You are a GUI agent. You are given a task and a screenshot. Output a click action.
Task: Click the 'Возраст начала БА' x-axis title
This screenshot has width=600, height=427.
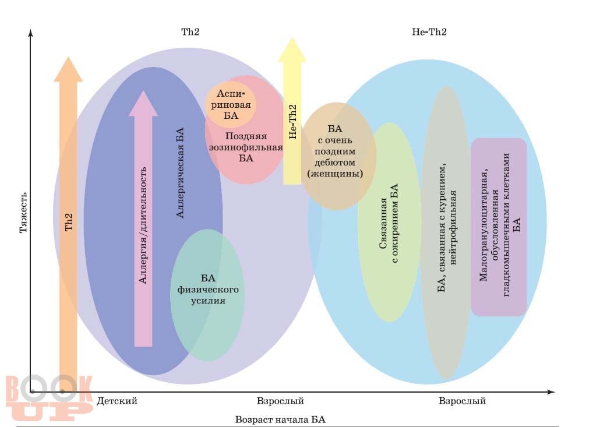coord(284,419)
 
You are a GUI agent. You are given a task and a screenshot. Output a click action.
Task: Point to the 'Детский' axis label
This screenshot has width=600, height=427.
coord(117,401)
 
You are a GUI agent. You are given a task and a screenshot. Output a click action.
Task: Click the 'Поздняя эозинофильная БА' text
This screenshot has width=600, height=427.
coord(246,147)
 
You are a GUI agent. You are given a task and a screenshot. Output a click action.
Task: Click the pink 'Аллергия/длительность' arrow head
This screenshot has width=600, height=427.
coord(143,104)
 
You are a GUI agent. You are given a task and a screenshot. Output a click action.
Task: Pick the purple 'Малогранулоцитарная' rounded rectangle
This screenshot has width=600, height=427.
coord(499,227)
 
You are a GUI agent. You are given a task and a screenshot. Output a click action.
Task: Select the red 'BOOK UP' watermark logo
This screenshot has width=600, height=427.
coord(50,398)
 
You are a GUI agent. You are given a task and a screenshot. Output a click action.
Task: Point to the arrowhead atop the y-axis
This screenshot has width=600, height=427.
coord(30,33)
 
